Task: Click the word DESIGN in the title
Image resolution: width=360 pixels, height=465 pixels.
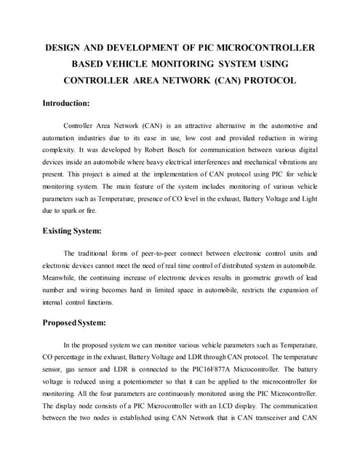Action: pyautogui.click(x=63, y=47)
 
